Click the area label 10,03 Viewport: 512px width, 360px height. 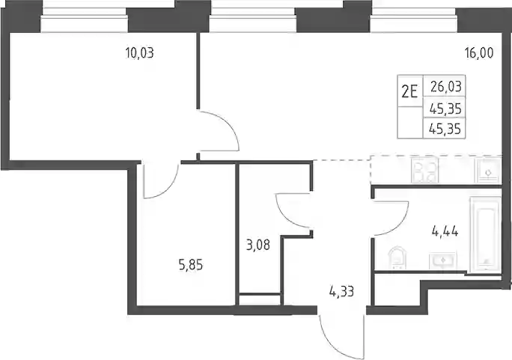pyautogui.click(x=139, y=52)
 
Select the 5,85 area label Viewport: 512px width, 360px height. pyautogui.click(x=190, y=265)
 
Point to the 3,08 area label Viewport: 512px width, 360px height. pyautogui.click(x=258, y=245)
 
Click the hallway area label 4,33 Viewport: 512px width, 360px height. pyautogui.click(x=341, y=291)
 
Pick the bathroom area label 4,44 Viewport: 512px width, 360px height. pyautogui.click(x=445, y=232)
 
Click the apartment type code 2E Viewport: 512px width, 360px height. pyautogui.click(x=409, y=92)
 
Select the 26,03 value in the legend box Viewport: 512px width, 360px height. pyautogui.click(x=445, y=87)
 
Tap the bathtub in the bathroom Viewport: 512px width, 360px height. pyautogui.click(x=485, y=234)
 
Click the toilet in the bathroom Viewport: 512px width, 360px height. pyautogui.click(x=397, y=257)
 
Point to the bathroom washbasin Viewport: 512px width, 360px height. pyautogui.click(x=443, y=260)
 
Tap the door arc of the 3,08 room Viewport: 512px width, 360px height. pyautogui.click(x=285, y=216)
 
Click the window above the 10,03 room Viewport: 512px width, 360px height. pyautogui.click(x=84, y=20)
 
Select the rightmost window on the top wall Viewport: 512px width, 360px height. pyautogui.click(x=413, y=20)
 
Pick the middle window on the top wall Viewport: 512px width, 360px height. pyautogui.click(x=253, y=20)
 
